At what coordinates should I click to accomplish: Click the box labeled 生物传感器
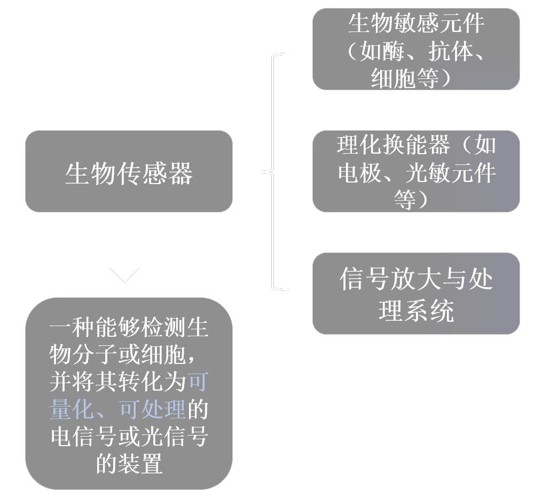pos(129,171)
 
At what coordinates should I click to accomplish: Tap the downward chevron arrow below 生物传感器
pos(124,274)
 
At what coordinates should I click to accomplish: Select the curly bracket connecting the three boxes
pos(273,172)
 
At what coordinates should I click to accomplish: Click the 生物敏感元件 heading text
pos(416,24)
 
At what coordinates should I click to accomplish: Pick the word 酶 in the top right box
pos(405,52)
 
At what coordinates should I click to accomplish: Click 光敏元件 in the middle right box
pos(451,173)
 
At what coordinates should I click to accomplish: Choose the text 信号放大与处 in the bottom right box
pos(416,280)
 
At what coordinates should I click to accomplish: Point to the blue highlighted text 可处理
pos(152,410)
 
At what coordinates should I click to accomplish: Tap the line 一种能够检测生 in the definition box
pos(129,328)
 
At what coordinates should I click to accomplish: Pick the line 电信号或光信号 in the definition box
pos(129,437)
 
